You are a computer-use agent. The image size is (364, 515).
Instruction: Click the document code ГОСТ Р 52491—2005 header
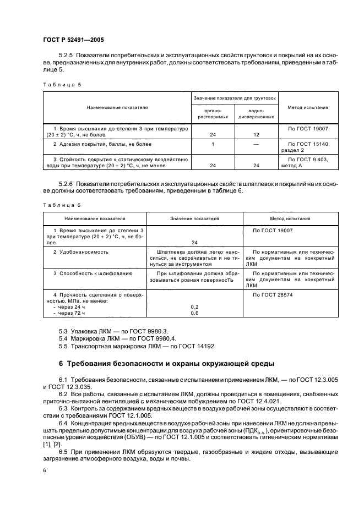tap(73, 40)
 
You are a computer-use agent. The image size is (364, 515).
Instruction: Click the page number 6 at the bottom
tap(44, 470)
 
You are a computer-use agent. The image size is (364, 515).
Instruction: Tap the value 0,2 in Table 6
tap(194, 306)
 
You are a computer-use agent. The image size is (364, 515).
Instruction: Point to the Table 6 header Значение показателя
tap(194, 218)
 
